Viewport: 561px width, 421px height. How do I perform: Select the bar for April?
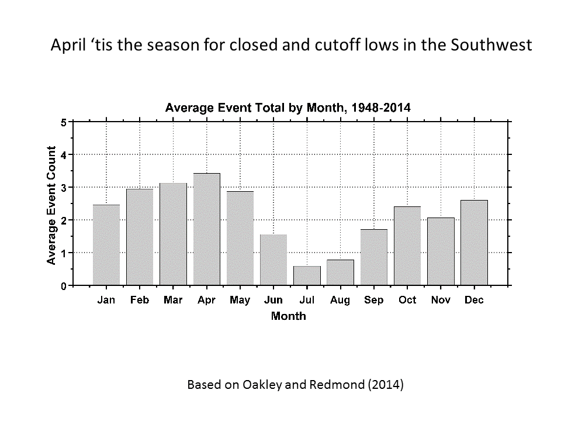207,229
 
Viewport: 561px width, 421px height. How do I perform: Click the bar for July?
307,276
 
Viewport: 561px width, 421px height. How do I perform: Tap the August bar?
340,272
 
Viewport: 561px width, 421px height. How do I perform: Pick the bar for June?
273,260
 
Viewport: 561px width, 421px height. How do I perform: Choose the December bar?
474,243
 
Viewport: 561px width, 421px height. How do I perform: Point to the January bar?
106,245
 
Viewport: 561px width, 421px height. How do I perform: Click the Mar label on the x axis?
174,300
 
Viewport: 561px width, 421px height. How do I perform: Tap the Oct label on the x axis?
407,300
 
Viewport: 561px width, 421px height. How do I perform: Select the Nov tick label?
441,300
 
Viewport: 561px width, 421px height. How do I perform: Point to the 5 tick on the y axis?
63,122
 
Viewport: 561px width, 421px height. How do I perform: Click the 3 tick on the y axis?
63,187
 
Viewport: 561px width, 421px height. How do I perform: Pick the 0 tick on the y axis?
63,286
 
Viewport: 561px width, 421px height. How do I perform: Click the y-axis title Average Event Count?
51,205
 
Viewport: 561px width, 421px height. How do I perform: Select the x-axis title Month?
288,316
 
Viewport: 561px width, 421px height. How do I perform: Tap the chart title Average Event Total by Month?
288,108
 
